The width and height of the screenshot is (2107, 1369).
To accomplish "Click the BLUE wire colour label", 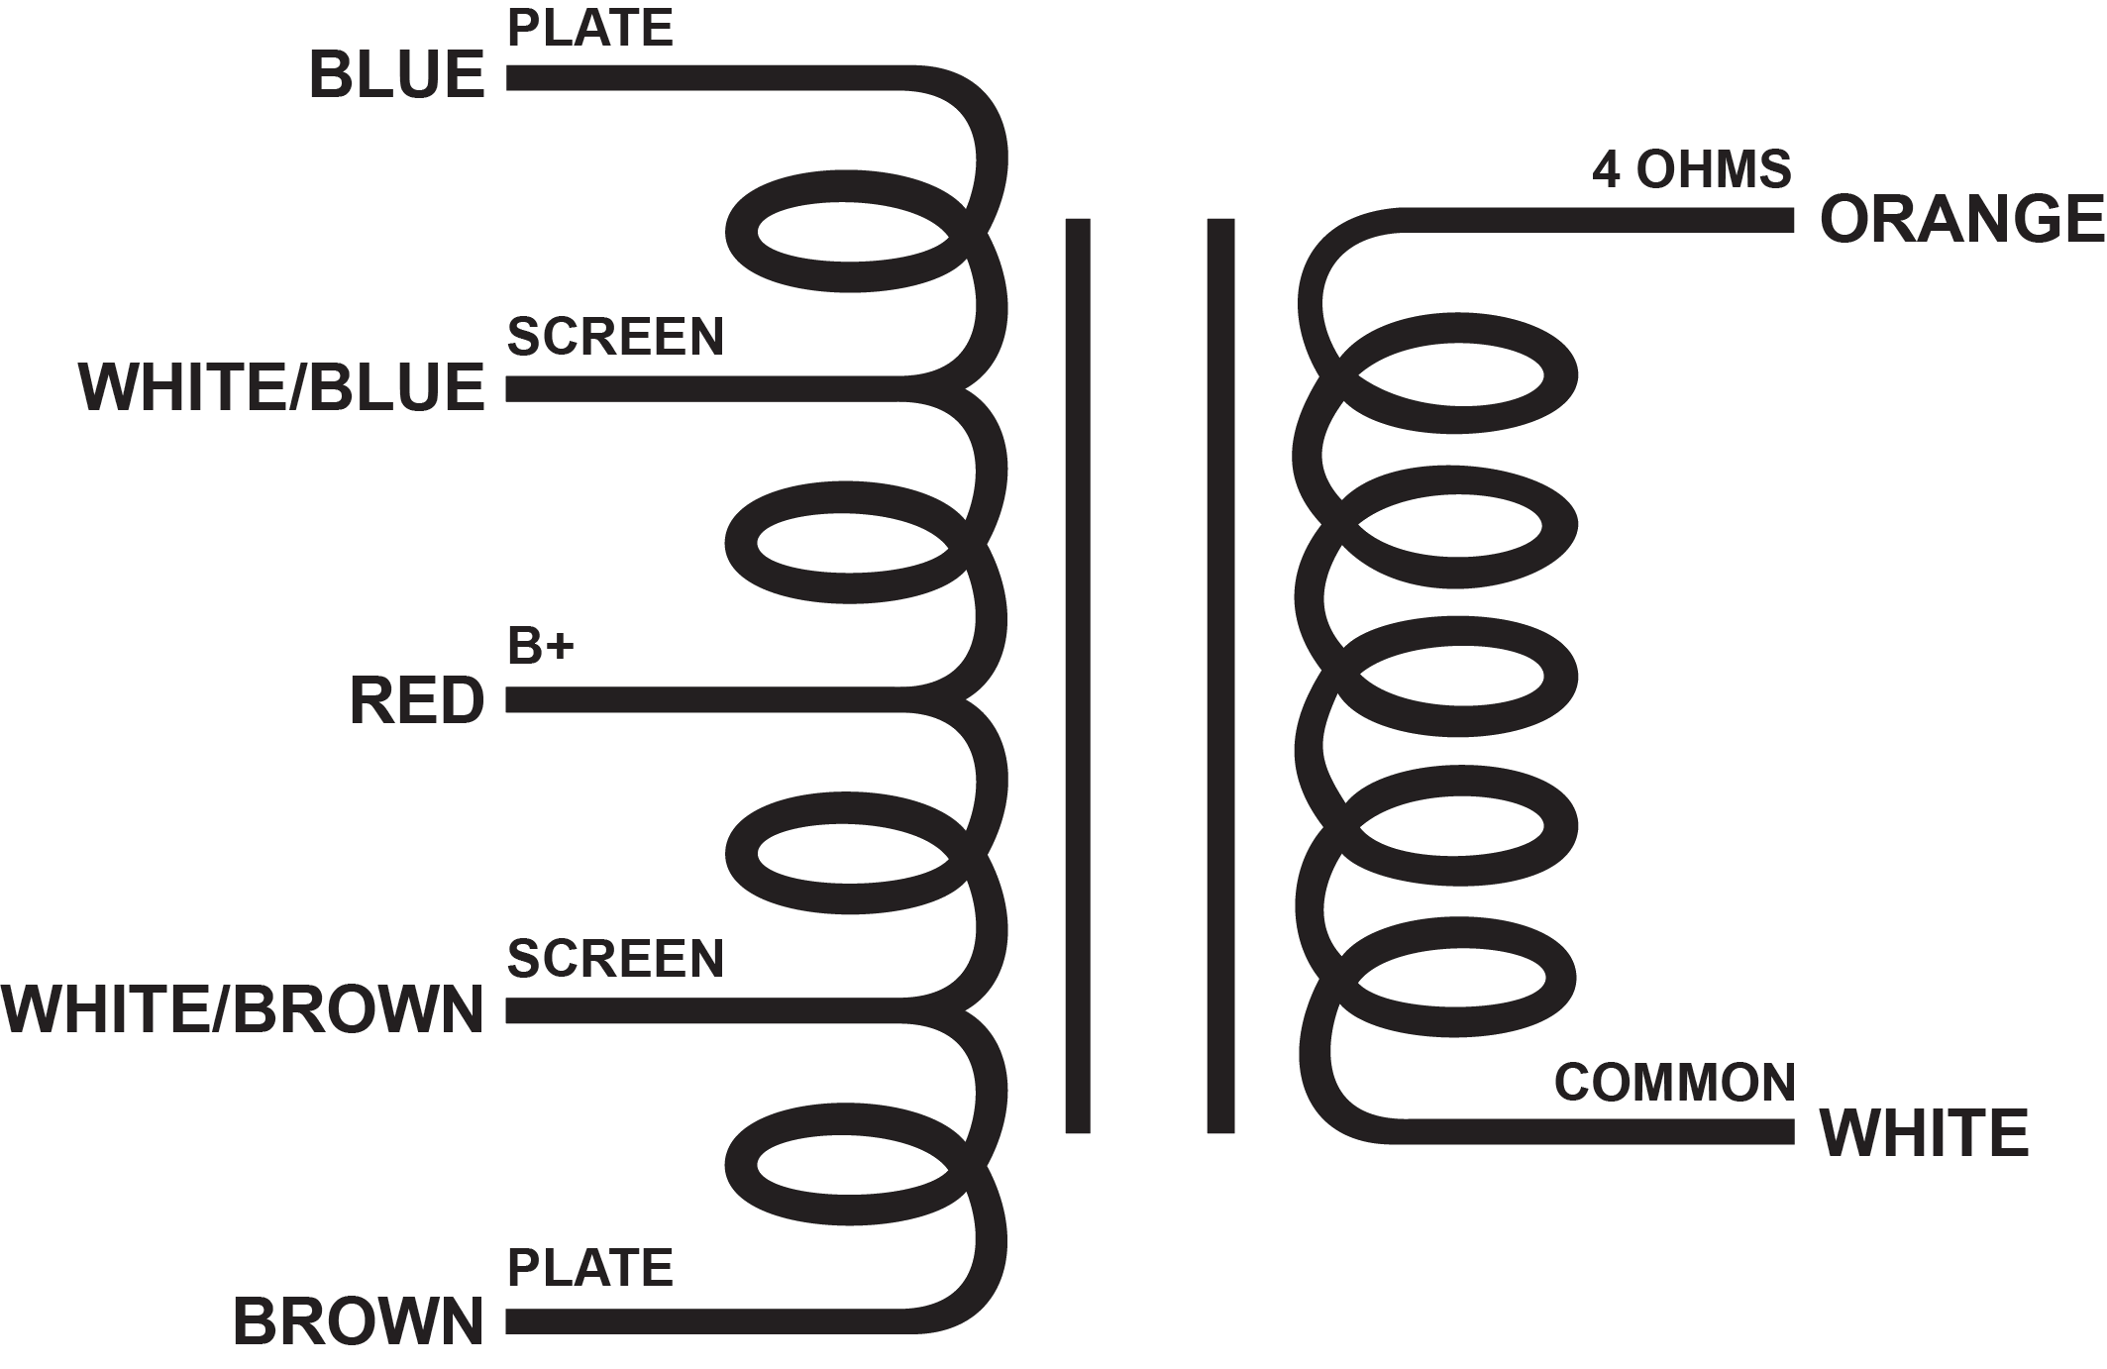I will (x=396, y=75).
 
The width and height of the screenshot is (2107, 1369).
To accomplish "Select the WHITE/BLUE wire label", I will (x=281, y=387).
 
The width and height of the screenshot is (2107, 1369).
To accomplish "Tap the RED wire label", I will (x=417, y=700).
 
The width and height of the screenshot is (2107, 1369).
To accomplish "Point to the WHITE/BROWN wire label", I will (x=243, y=1010).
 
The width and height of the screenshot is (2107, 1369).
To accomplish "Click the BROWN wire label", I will (x=359, y=1321).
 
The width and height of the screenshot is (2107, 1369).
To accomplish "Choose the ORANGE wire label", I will (x=1961, y=219).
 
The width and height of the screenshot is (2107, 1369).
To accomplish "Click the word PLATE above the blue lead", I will (x=590, y=28).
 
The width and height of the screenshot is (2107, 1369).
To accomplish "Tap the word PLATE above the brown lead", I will (x=590, y=1268).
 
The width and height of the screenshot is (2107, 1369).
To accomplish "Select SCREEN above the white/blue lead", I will (x=615, y=337).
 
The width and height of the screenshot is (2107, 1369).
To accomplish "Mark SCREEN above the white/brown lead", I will (x=615, y=958).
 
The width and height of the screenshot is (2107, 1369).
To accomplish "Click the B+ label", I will (x=540, y=647).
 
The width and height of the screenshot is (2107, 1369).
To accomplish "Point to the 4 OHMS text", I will (x=1692, y=170).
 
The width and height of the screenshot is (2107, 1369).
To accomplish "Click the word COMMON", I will (x=1675, y=1082).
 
